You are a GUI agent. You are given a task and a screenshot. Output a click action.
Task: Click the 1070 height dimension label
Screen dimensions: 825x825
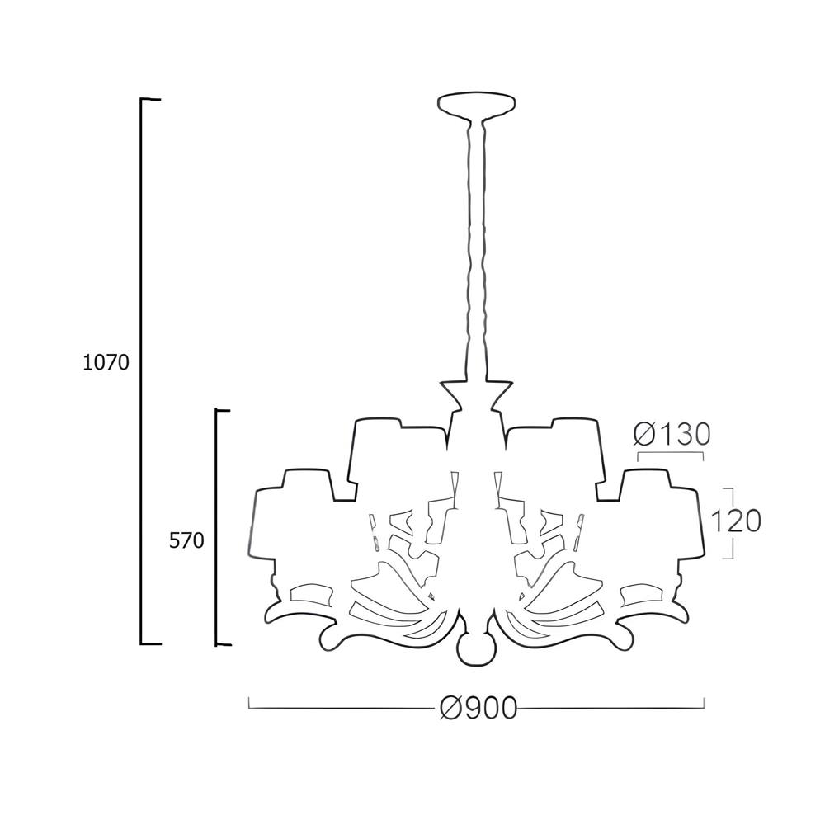tap(106, 362)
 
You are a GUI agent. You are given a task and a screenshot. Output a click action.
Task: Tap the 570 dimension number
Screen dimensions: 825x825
tap(186, 540)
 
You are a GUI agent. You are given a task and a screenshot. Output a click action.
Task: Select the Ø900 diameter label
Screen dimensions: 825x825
tap(478, 709)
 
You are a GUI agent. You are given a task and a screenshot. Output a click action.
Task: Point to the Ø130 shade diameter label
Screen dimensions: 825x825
tap(672, 435)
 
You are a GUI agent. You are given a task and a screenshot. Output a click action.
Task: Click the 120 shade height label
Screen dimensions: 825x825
tap(736, 521)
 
